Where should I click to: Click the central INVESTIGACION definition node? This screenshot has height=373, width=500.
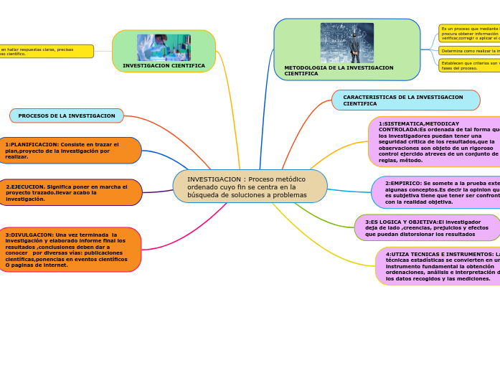[250, 186]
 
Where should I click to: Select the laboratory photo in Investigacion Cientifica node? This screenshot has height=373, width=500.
[164, 47]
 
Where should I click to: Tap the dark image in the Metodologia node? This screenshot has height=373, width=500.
[346, 43]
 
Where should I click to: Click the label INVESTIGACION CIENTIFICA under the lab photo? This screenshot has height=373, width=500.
[164, 65]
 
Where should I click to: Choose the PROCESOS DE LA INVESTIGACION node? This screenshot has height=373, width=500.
[67, 115]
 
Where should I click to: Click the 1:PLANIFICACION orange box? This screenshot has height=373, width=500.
[69, 151]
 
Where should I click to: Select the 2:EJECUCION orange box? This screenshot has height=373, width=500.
[69, 192]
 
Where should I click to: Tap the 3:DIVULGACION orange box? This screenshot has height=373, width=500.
[69, 250]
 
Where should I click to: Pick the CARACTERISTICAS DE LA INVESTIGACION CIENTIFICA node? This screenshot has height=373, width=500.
[405, 100]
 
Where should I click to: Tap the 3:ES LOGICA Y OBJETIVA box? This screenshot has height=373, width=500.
[428, 227]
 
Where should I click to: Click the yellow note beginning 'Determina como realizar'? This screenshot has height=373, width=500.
[469, 51]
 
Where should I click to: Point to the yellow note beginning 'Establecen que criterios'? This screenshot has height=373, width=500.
[469, 65]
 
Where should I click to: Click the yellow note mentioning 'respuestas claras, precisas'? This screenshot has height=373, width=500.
[46, 52]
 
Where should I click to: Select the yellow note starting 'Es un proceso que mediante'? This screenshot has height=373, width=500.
[469, 34]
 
